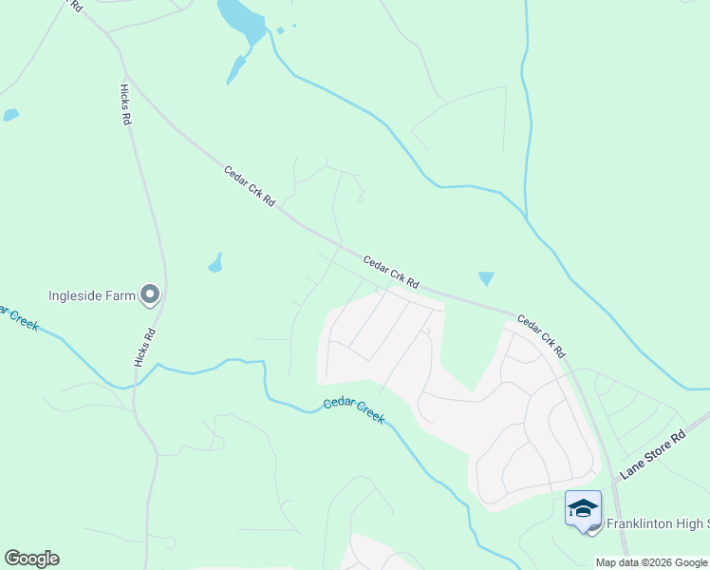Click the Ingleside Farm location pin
[150, 295]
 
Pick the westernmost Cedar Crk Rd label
[249, 186]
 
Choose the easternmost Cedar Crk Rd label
[542, 336]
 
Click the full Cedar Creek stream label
[354, 409]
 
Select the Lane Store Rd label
[652, 455]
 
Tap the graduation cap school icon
[583, 508]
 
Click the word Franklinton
[643, 523]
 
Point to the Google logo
[31, 559]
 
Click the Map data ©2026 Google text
[652, 562]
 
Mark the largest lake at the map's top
[242, 21]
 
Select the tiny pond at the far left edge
[10, 115]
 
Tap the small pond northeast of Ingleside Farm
[215, 263]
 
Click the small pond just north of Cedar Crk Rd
[486, 278]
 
